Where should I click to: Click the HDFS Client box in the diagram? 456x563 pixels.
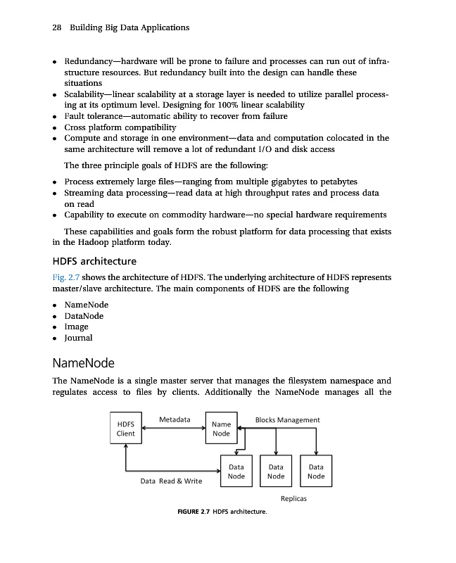[125, 429]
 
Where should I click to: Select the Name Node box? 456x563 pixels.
[221, 429]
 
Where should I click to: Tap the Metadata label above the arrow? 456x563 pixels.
[175, 419]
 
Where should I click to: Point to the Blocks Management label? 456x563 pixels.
[287, 419]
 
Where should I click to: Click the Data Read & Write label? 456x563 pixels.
[171, 481]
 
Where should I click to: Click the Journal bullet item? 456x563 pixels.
[78, 338]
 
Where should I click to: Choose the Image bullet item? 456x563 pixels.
[77, 327]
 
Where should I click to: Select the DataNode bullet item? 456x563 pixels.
[84, 316]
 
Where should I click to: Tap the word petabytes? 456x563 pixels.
[334, 181]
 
